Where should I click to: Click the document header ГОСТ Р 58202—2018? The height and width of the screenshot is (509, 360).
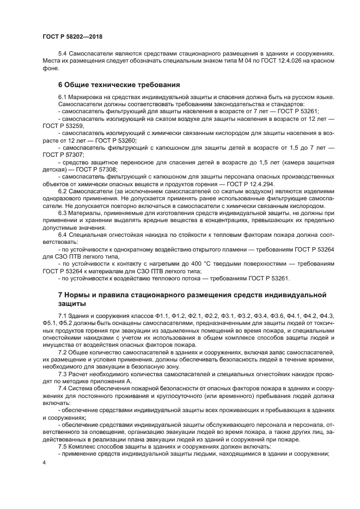tap(72, 36)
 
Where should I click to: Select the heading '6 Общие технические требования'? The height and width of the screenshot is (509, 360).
tap(119, 85)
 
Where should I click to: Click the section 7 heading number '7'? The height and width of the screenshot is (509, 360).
tap(60, 295)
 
